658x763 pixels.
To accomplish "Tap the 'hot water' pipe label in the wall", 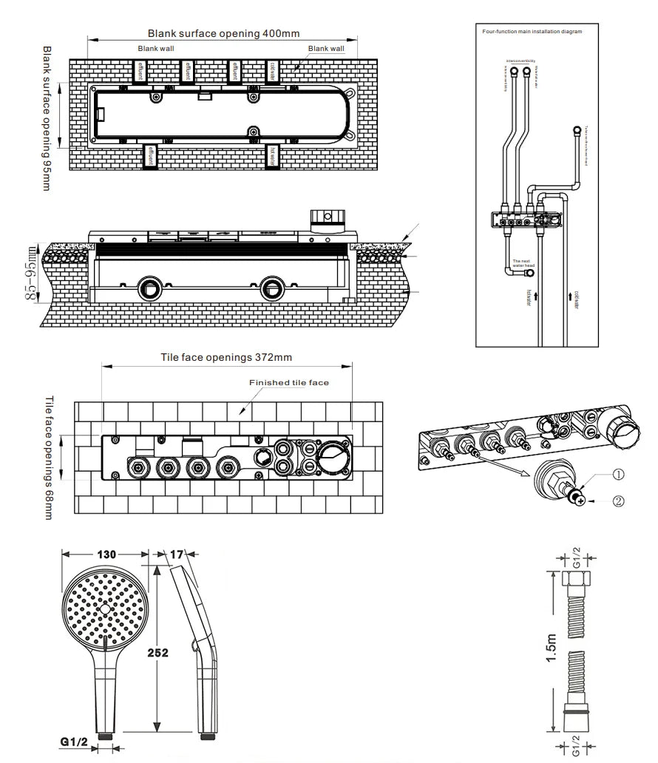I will [273, 157].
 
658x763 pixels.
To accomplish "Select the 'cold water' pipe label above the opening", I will [273, 72].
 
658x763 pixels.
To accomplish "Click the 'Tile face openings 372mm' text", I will [226, 357].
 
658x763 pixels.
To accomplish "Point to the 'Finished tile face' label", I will [288, 382].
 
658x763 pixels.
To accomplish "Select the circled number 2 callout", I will [618, 501].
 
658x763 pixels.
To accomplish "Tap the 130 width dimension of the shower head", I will [107, 554].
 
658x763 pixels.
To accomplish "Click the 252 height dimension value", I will [157, 652].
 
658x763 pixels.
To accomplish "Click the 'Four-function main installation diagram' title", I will [532, 32].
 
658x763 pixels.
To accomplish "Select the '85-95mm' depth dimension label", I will [31, 274].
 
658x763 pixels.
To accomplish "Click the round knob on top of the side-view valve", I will [327, 216].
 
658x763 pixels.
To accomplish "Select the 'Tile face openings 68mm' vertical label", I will [49, 457].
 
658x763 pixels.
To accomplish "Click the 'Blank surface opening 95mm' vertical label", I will [47, 118].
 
